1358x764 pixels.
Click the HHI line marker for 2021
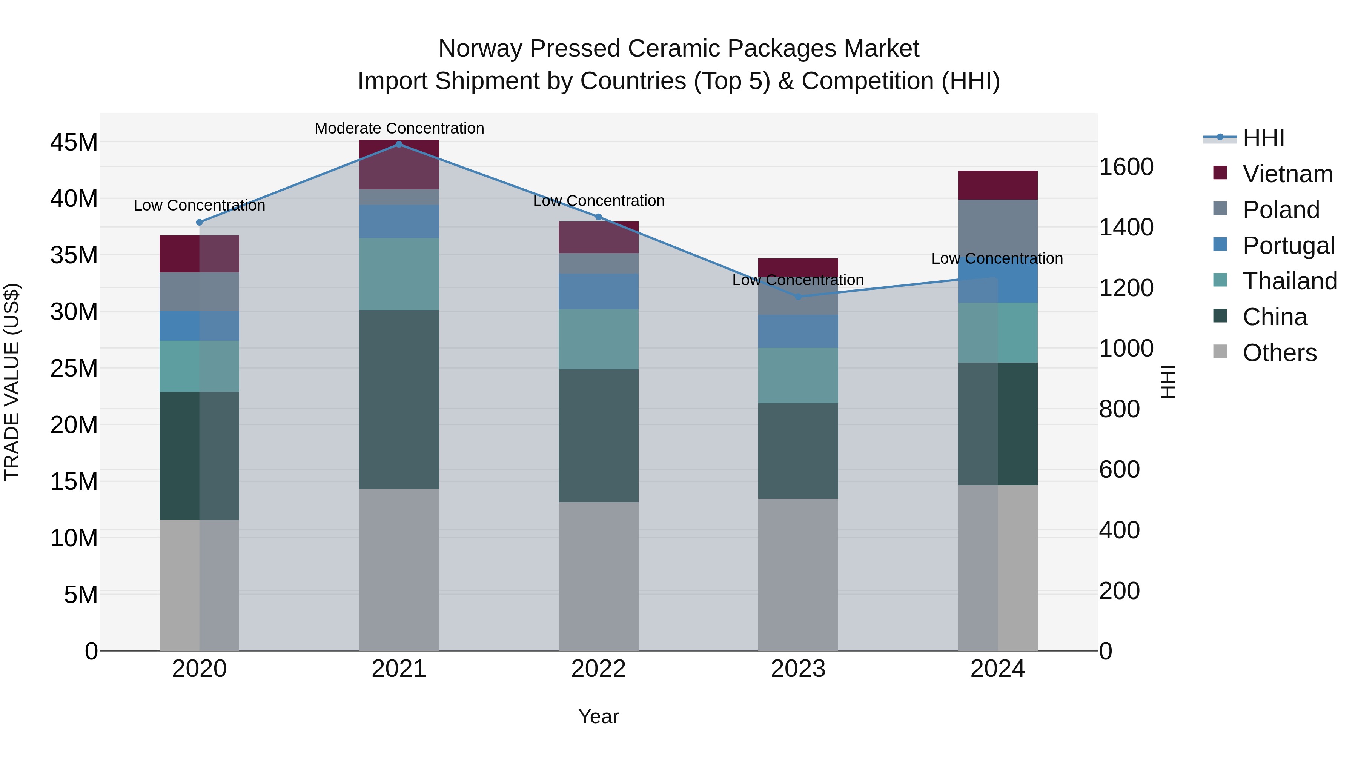click(x=399, y=144)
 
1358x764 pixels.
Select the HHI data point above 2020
click(x=199, y=223)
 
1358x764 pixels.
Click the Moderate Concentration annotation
click(x=399, y=128)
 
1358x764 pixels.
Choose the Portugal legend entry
click(x=1288, y=246)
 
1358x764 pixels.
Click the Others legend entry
click(x=1279, y=353)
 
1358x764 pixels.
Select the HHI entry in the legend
click(x=1263, y=138)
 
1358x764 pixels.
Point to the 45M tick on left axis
click(x=74, y=142)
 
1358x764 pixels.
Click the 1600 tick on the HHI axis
click(x=1126, y=167)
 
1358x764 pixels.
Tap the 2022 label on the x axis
click(x=598, y=669)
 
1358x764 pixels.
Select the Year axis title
click(x=598, y=716)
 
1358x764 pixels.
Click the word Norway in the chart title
click(x=480, y=49)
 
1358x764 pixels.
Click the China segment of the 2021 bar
click(x=399, y=399)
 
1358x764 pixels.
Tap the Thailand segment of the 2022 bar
click(x=598, y=339)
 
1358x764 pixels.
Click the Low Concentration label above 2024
click(x=997, y=258)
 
